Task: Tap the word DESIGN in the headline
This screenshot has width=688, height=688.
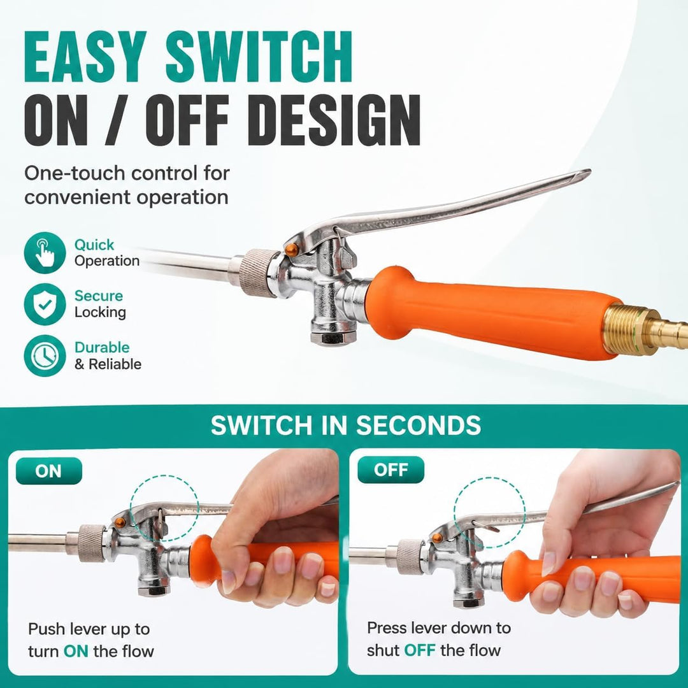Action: click(337, 120)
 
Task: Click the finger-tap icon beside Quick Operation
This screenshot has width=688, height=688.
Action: click(45, 253)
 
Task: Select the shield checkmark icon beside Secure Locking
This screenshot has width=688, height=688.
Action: click(45, 304)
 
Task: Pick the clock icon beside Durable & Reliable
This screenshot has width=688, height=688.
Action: click(45, 355)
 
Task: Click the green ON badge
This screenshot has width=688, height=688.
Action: click(48, 471)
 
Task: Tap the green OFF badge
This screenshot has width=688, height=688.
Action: click(391, 470)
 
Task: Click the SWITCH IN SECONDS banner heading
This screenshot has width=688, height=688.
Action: click(346, 425)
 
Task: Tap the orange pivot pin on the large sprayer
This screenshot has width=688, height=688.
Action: click(292, 250)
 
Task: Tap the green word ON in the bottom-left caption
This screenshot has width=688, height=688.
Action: click(76, 651)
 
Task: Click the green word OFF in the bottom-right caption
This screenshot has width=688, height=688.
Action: click(419, 650)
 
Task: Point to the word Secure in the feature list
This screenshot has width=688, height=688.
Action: click(98, 296)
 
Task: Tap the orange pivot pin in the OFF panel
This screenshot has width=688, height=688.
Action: click(437, 538)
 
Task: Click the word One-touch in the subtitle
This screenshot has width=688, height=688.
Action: click(75, 173)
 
